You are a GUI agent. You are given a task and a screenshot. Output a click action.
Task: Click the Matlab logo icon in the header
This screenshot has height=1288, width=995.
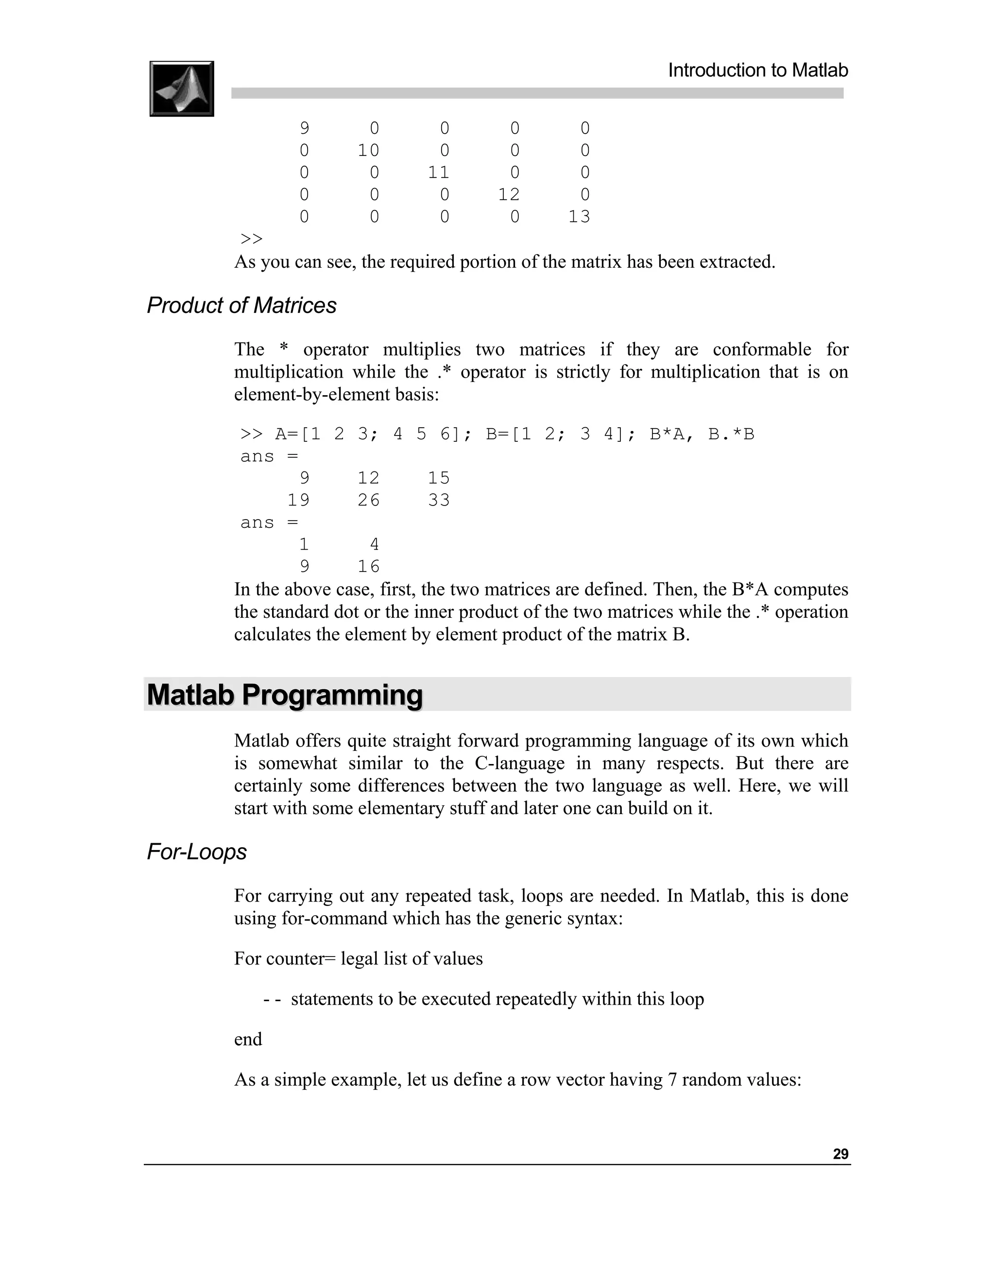pyautogui.click(x=182, y=88)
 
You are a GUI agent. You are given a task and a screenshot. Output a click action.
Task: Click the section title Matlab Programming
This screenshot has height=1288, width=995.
pyautogui.click(x=285, y=695)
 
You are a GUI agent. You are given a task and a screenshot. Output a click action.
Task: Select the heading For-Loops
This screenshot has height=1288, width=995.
pyautogui.click(x=196, y=852)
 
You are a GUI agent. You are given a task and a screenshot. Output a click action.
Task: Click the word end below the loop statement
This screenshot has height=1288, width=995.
pyautogui.click(x=248, y=1039)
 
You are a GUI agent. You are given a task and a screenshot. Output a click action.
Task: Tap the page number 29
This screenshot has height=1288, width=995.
pyautogui.click(x=840, y=1154)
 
